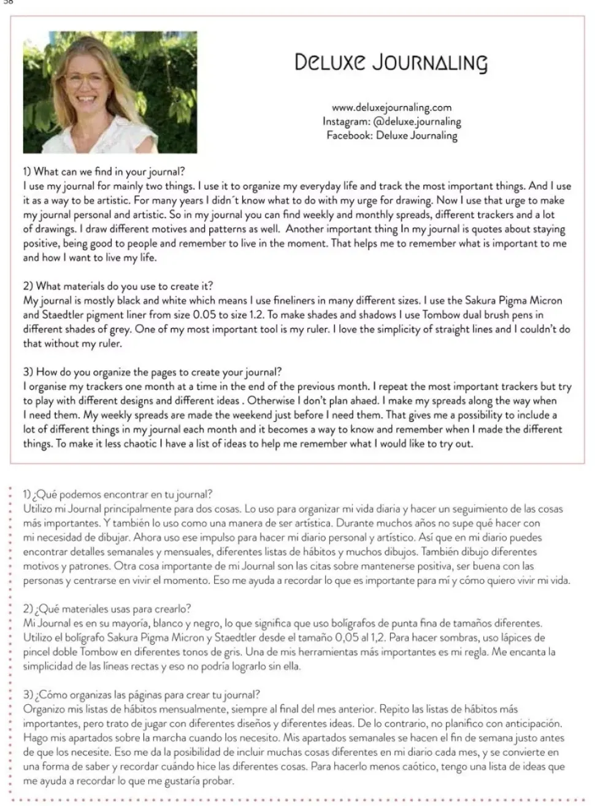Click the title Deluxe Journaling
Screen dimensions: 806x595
click(x=391, y=63)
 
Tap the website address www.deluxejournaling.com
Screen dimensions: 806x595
click(x=391, y=107)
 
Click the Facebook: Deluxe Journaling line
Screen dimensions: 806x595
click(x=391, y=136)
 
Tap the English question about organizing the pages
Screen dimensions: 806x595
click(x=153, y=372)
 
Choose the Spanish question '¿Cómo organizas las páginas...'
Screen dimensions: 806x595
click(x=142, y=695)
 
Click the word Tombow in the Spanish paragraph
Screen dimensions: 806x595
click(x=99, y=652)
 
